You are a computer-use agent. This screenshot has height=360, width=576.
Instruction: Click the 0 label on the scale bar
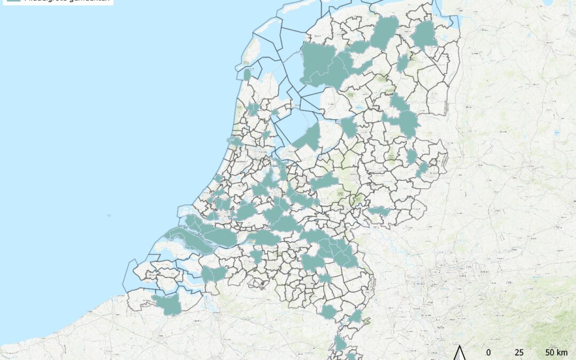coord(489,353)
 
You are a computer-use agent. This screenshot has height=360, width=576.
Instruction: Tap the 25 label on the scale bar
coord(518,353)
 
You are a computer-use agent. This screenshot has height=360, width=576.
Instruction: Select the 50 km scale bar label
coord(556,353)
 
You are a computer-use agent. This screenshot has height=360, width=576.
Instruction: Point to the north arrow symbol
coord(460,353)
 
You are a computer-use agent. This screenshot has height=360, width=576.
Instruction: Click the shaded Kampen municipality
coord(348,127)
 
